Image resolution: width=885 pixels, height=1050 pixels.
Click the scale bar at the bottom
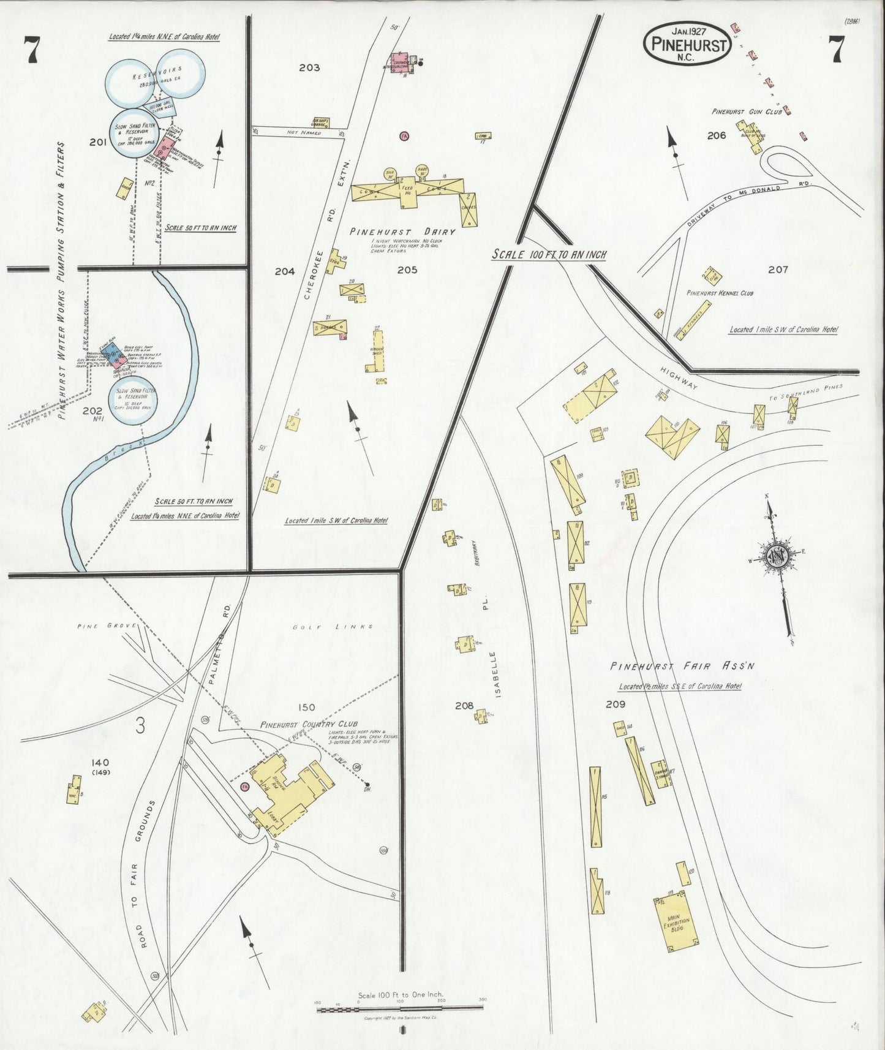tap(400, 1008)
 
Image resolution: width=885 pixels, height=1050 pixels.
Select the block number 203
tap(309, 67)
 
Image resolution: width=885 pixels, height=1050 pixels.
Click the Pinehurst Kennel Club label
tap(719, 293)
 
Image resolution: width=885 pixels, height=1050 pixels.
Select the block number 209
tap(616, 705)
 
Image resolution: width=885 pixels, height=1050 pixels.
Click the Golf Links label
tap(334, 627)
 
